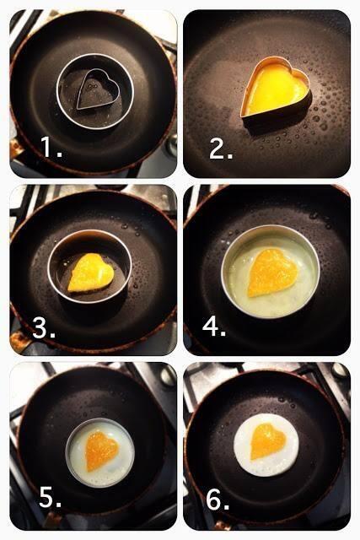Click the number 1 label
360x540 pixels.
pos(51,148)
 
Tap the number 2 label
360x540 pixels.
pos(221,149)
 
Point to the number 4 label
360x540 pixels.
pos(214,327)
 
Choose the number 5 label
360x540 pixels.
pos(51,497)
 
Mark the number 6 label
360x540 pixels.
pos(218,499)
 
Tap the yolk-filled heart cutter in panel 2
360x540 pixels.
pos(276,90)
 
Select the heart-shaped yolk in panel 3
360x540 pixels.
pos(91,272)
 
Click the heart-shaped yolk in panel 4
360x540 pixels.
pos(271,273)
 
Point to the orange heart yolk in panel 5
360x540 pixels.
pos(102,451)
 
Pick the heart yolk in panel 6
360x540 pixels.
pos(268,441)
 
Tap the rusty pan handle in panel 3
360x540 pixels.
pos(19,341)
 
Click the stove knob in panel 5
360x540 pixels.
pos(167,376)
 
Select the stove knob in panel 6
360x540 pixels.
pos(340,370)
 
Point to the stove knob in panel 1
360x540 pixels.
pos(171,144)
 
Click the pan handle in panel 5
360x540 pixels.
pos(51,520)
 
